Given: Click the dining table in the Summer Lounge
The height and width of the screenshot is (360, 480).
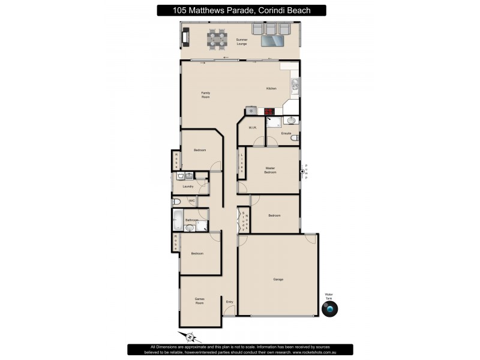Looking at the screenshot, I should [217, 40].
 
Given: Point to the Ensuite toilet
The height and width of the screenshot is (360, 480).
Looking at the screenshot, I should [293, 139].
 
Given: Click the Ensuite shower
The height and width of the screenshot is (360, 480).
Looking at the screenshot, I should [274, 122].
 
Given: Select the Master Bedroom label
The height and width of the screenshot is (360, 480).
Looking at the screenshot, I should [270, 170].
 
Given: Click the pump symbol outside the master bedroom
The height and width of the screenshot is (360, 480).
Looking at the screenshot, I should [302, 172].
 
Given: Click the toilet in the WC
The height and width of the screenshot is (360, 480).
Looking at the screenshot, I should [177, 201].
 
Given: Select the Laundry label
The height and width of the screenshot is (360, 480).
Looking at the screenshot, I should [187, 186].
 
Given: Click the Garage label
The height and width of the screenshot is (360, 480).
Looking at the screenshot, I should [278, 279].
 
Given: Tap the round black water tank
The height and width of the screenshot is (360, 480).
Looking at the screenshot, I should [329, 308].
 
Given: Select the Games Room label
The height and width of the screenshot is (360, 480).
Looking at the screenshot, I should [199, 301].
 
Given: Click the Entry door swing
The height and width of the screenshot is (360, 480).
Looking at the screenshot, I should [229, 310].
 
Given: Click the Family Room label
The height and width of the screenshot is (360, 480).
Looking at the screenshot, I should [205, 94].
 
